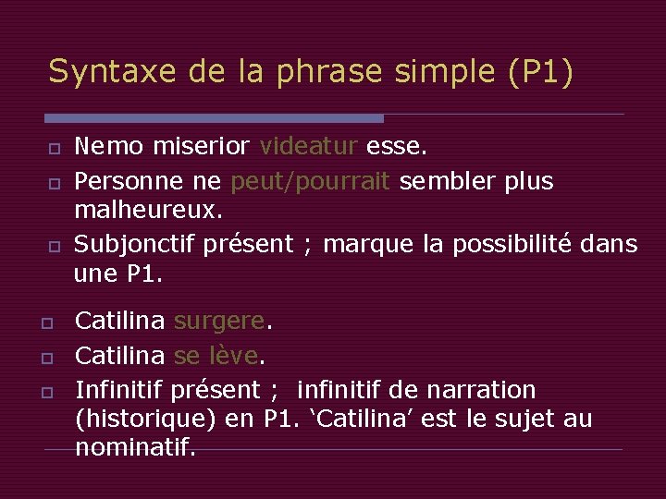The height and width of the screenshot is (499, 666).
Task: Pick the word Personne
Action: tap(119, 181)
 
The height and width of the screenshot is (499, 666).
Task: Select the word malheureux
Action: tap(148, 212)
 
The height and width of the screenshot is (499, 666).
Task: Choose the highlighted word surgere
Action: tap(219, 322)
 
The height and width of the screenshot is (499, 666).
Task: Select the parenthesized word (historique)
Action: tap(145, 420)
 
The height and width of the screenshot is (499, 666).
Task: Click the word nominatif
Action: tap(135, 449)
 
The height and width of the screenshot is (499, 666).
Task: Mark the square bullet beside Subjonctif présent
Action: tap(55, 245)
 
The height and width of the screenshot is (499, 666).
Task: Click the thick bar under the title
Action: tap(214, 118)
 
